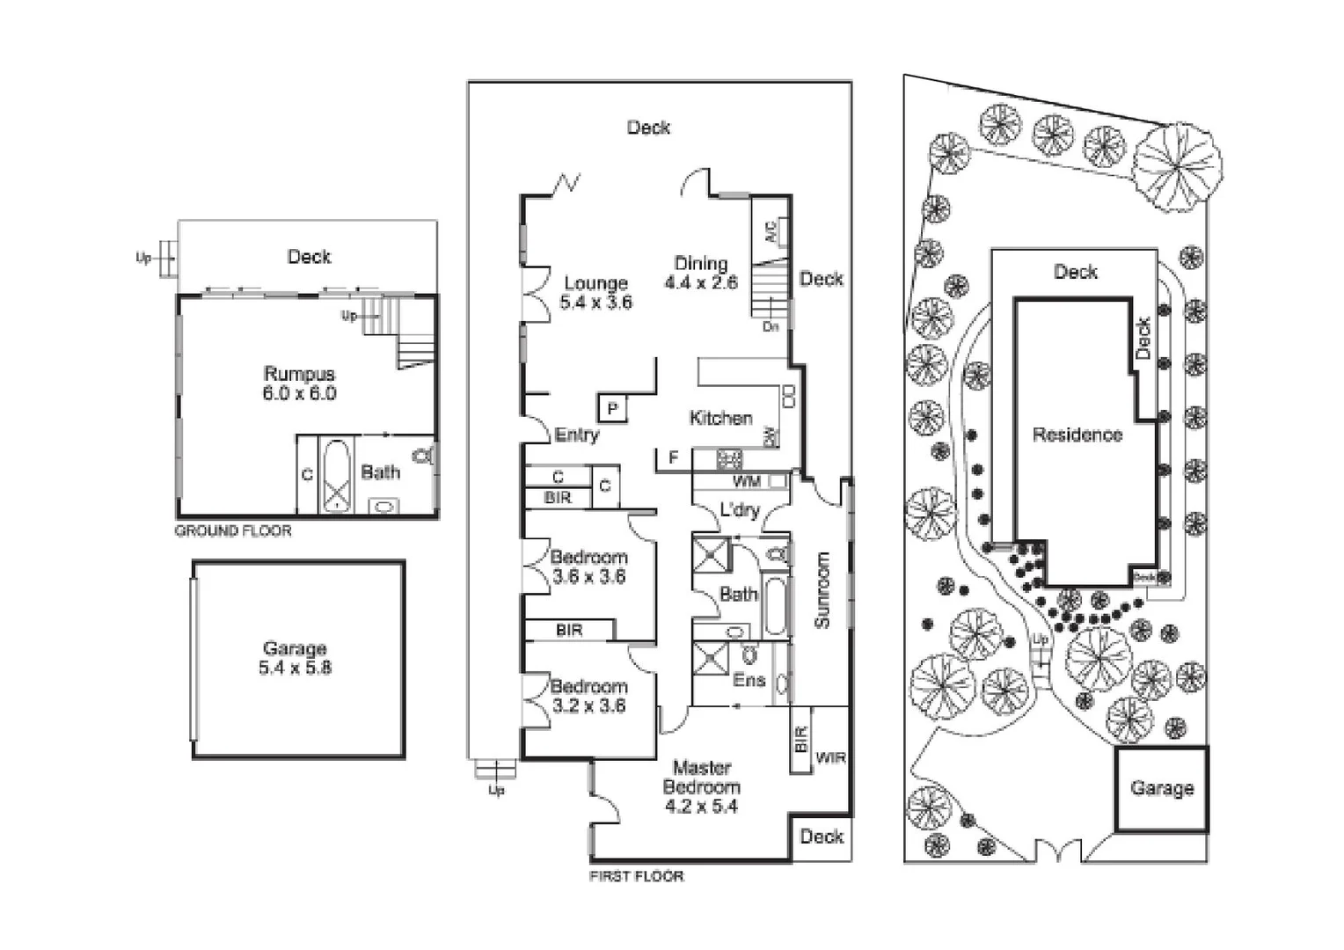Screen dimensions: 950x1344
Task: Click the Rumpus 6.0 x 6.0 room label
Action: click(299, 384)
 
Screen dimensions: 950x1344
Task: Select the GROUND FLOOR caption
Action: click(232, 530)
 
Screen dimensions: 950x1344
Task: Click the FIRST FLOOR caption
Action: click(636, 875)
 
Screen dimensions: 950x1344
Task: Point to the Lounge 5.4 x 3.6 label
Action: click(595, 292)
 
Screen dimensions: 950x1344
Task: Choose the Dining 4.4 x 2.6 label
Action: click(700, 273)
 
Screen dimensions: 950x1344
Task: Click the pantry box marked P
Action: click(612, 408)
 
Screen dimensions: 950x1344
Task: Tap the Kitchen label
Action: click(720, 418)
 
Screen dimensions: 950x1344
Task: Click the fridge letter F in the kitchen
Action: click(674, 457)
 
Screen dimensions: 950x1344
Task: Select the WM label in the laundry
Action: click(746, 482)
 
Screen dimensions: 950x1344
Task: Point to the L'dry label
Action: click(739, 510)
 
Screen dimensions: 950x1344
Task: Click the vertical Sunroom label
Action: click(822, 589)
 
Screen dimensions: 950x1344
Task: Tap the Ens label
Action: click(749, 680)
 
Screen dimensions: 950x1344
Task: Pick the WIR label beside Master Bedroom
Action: click(830, 756)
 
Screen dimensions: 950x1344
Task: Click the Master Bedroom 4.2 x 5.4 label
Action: click(701, 786)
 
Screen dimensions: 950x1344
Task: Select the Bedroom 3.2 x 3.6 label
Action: click(588, 695)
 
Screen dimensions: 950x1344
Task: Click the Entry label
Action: click(576, 435)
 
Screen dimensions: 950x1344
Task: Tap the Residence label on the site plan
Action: click(1077, 435)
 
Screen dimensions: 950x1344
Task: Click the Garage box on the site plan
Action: click(1161, 788)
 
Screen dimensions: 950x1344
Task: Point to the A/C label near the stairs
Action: click(771, 232)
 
